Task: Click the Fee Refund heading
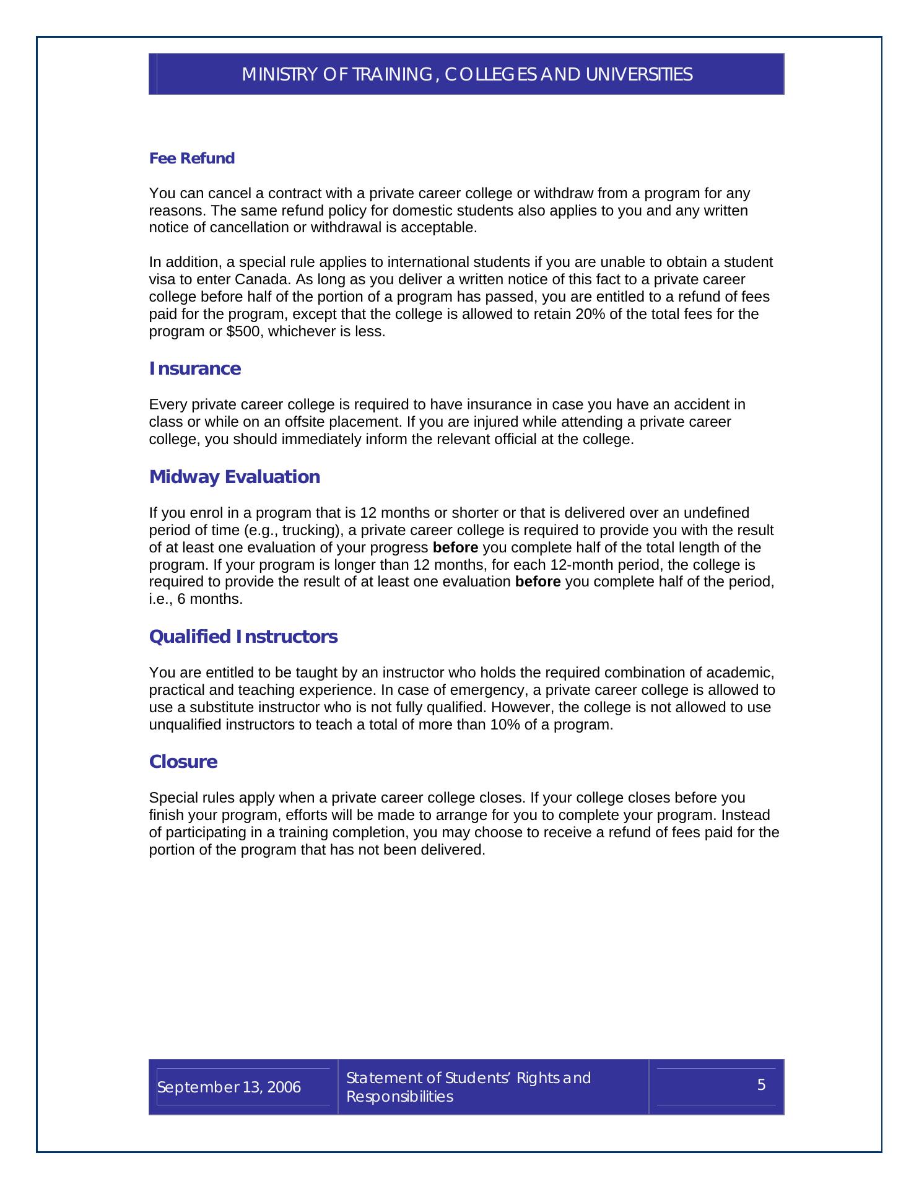[x=192, y=159]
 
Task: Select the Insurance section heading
[x=195, y=369]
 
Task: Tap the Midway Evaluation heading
[x=235, y=477]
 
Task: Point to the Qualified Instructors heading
[x=243, y=637]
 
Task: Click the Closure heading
[x=183, y=762]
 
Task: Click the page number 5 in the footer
[x=761, y=1085]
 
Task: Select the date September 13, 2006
[x=229, y=1087]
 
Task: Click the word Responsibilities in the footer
[x=399, y=1097]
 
